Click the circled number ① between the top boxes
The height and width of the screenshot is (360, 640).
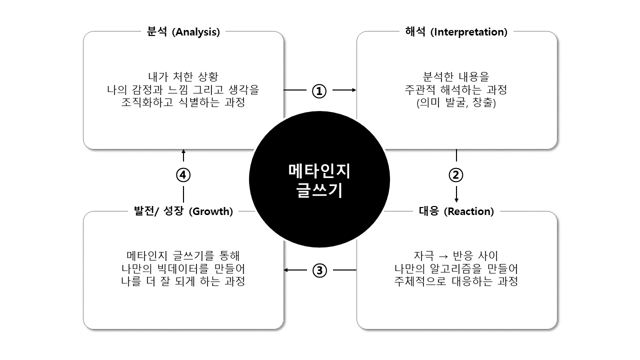tap(319, 90)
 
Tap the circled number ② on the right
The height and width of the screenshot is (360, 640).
tap(456, 175)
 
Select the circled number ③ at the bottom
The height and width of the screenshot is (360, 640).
tap(319, 270)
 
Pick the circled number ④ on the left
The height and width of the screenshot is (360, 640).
tap(183, 175)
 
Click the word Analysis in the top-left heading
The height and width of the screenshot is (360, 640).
tap(195, 32)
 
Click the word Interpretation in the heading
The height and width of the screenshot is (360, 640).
tap(469, 32)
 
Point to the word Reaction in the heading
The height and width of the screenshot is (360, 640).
tap(468, 211)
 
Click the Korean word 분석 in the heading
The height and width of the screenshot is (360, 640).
tap(157, 31)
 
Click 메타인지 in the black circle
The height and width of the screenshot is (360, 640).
tap(319, 171)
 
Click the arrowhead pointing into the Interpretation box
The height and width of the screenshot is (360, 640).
tap(354, 90)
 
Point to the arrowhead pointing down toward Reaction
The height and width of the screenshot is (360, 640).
tap(456, 200)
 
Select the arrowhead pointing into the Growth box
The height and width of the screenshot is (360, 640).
tap(286, 270)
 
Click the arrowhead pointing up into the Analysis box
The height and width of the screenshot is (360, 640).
tap(183, 151)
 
